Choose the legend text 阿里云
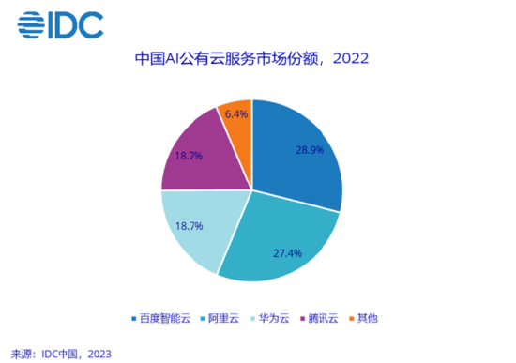223,317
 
